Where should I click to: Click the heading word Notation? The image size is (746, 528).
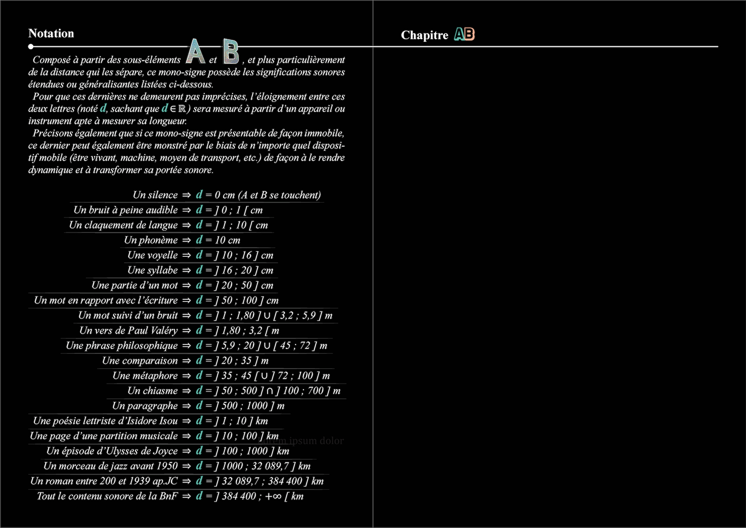coord(51,34)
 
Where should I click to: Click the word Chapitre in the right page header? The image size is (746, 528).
coord(424,35)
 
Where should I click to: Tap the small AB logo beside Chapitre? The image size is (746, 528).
coord(464,34)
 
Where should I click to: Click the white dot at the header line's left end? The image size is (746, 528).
coord(31,47)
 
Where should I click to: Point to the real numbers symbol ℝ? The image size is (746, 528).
coord(182,109)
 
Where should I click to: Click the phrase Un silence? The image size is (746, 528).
coord(155,195)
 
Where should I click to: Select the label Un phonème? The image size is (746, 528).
coord(151,240)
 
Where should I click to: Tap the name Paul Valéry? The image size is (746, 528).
coord(153,331)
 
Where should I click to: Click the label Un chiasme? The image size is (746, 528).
coord(153,391)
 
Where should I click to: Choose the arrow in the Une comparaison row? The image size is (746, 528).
coord(186,361)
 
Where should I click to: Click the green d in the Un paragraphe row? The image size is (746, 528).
coord(199,406)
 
